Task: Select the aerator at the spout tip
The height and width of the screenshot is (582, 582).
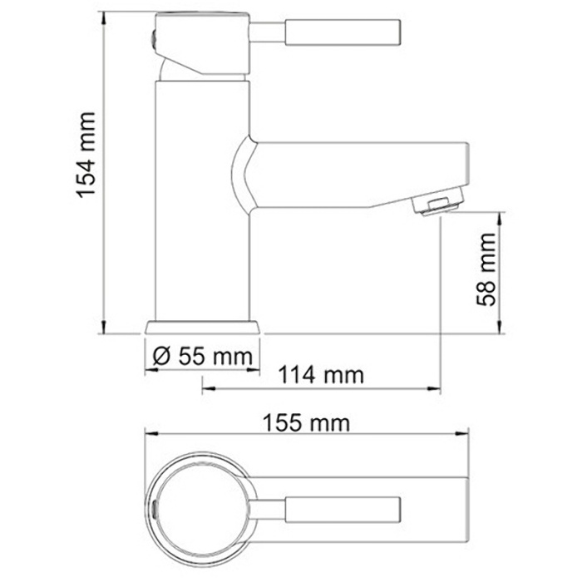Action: tap(441, 203)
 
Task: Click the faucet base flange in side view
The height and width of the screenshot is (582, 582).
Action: tap(202, 328)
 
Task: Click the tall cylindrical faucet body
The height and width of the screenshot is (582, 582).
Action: tap(202, 200)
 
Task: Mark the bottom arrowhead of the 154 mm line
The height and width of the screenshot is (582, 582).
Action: tap(103, 329)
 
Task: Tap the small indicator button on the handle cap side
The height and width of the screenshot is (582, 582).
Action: tap(155, 34)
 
